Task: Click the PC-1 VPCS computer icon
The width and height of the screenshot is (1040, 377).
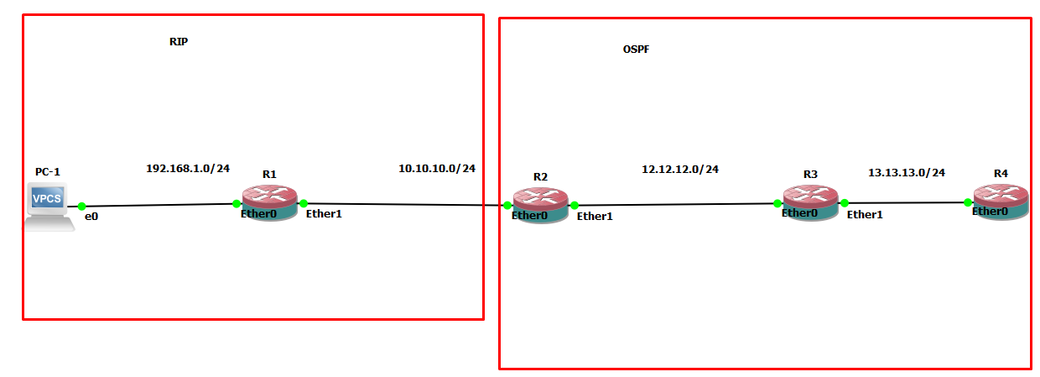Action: (48, 206)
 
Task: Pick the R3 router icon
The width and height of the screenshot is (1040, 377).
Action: (810, 202)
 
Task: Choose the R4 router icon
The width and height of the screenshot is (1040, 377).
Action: (1001, 202)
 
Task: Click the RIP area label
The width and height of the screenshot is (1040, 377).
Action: (179, 42)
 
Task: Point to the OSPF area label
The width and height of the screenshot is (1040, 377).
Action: (636, 50)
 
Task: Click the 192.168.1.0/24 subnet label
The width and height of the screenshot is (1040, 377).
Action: (188, 168)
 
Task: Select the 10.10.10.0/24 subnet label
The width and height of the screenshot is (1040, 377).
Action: (437, 168)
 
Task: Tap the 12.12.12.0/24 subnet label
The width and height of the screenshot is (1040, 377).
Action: (680, 169)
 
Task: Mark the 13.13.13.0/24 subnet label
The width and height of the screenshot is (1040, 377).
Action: (907, 172)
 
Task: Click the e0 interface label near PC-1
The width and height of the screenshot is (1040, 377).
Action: (91, 217)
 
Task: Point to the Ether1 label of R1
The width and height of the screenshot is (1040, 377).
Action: (324, 214)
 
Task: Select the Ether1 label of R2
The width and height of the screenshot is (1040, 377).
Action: (595, 216)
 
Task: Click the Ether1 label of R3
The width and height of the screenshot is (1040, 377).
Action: (865, 214)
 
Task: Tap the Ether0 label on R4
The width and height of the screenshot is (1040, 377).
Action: (990, 212)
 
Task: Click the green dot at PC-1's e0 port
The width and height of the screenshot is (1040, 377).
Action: (82, 206)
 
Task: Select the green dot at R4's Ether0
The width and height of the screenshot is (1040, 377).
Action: (968, 202)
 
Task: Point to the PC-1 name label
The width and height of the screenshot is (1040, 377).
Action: (48, 172)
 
